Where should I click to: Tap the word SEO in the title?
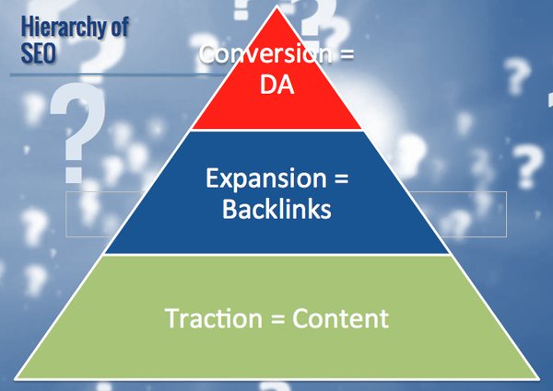[x=38, y=53]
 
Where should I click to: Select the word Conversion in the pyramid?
[x=264, y=54]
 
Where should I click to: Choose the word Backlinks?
[x=276, y=209]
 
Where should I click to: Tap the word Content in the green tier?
[x=340, y=319]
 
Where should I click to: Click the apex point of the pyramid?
[x=276, y=8]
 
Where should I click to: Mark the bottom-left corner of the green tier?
[x=18, y=377]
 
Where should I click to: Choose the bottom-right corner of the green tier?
[x=536, y=377]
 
